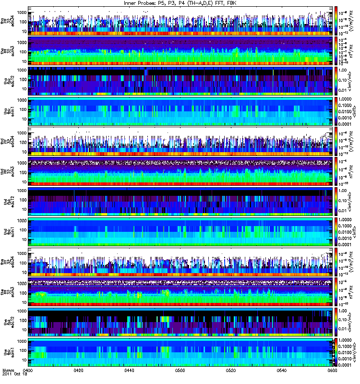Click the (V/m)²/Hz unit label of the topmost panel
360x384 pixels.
click(356, 21)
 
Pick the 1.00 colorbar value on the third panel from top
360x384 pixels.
click(345, 70)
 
